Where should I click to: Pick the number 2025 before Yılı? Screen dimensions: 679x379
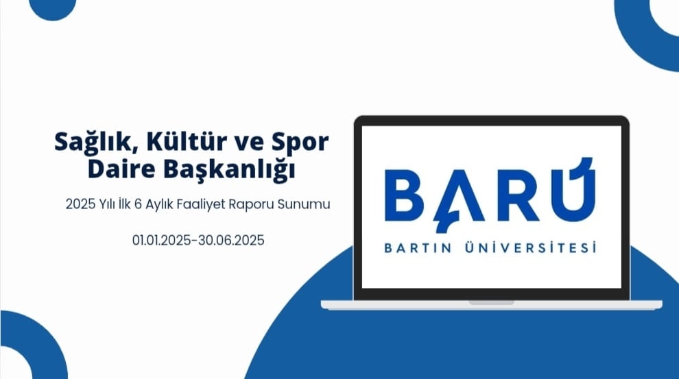(80, 204)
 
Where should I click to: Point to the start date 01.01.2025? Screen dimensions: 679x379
(162, 240)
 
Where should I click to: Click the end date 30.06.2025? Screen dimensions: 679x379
(231, 240)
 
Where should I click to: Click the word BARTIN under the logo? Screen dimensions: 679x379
(418, 248)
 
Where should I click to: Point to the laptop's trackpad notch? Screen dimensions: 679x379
(492, 302)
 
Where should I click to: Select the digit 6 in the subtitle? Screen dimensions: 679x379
(138, 204)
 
